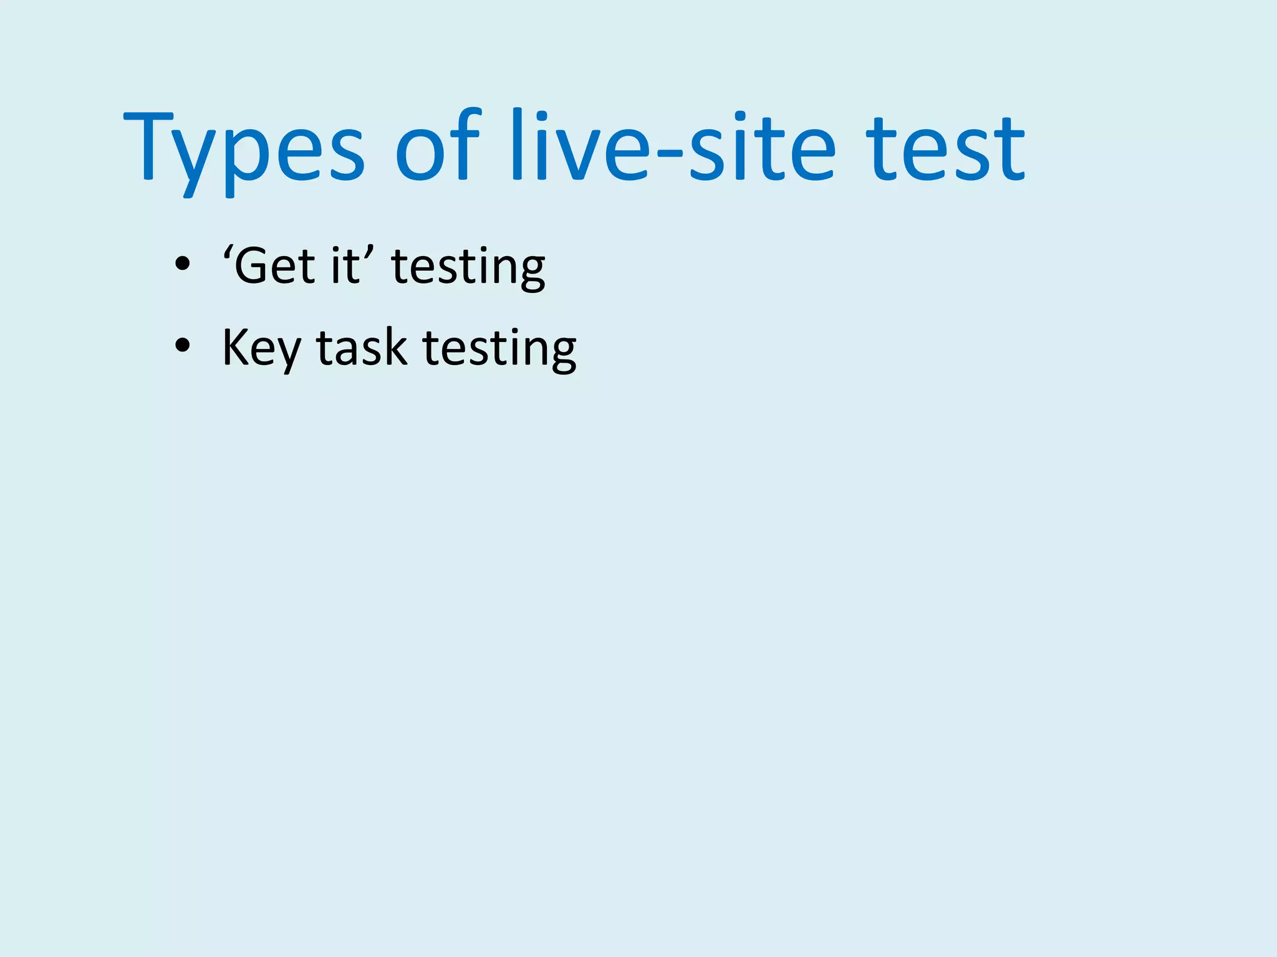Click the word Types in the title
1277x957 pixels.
[243, 150]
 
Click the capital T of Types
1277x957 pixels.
[148, 146]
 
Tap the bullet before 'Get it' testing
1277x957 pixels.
[182, 264]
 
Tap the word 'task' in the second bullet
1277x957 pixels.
[362, 348]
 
